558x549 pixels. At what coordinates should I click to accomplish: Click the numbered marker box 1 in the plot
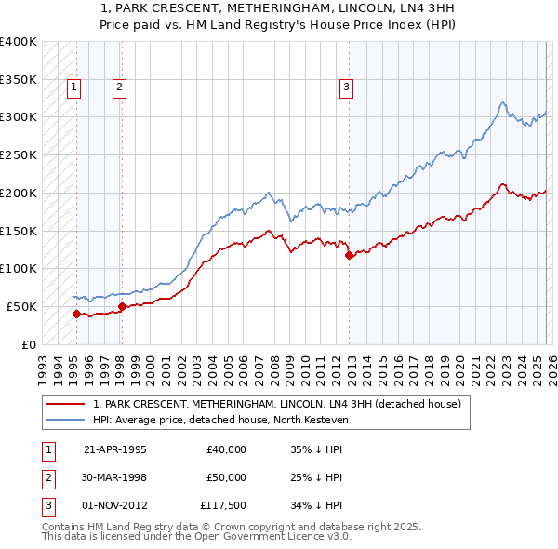pyautogui.click(x=74, y=88)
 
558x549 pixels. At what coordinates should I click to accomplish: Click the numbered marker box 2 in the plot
pyautogui.click(x=120, y=88)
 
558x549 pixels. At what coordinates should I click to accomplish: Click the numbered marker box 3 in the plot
pyautogui.click(x=346, y=88)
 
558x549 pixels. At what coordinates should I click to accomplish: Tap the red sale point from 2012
pyautogui.click(x=349, y=255)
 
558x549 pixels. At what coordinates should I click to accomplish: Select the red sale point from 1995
pyautogui.click(x=76, y=314)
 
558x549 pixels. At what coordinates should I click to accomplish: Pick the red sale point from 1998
pyautogui.click(x=122, y=306)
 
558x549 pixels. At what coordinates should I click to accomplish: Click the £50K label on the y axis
pyautogui.click(x=21, y=306)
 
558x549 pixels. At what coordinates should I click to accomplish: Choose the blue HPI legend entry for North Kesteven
pyautogui.click(x=219, y=420)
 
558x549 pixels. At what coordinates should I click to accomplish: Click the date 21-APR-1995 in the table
pyautogui.click(x=114, y=449)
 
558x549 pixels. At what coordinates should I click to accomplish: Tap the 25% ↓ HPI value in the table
pyautogui.click(x=316, y=477)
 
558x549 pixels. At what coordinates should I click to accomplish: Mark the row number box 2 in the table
pyautogui.click(x=46, y=477)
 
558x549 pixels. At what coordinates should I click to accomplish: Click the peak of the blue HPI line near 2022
pyautogui.click(x=502, y=102)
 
